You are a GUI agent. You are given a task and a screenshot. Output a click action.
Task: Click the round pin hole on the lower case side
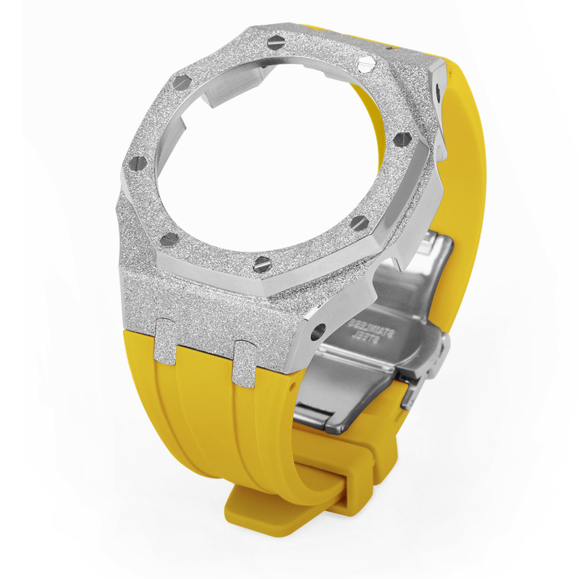[x=318, y=331]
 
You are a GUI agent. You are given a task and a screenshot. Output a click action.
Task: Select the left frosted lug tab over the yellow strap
[x=165, y=339]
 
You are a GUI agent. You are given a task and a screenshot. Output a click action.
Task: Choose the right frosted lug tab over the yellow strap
[x=246, y=363]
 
